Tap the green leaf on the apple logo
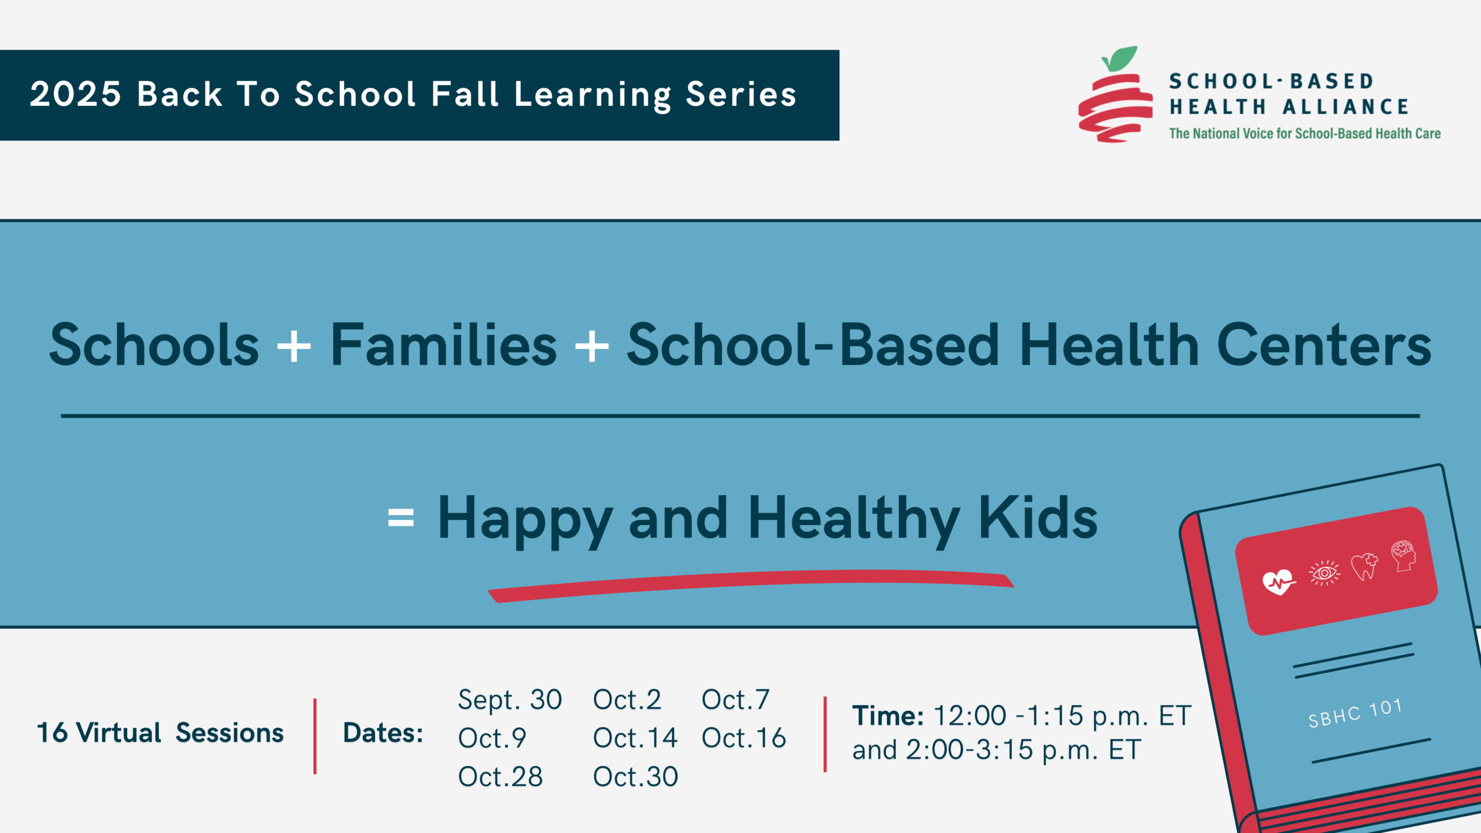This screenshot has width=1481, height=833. [x=1121, y=58]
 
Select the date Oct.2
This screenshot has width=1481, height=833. [x=627, y=700]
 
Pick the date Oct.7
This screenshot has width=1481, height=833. [x=735, y=700]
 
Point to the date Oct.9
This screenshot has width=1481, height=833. [x=492, y=738]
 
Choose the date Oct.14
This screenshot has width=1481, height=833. [x=635, y=738]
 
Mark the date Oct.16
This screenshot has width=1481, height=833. [x=743, y=738]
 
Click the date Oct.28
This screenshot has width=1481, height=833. [x=500, y=777]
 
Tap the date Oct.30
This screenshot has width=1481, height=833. [x=635, y=777]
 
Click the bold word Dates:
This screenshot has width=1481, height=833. [x=383, y=733]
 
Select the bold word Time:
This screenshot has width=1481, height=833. [x=887, y=716]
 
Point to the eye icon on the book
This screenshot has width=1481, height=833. [x=1324, y=573]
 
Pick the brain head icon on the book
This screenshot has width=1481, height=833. [x=1403, y=555]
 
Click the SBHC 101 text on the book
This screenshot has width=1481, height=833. [x=1355, y=713]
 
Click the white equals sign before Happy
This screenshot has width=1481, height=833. [x=401, y=517]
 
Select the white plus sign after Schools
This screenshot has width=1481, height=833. [x=294, y=346]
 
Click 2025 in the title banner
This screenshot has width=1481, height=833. [x=75, y=94]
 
